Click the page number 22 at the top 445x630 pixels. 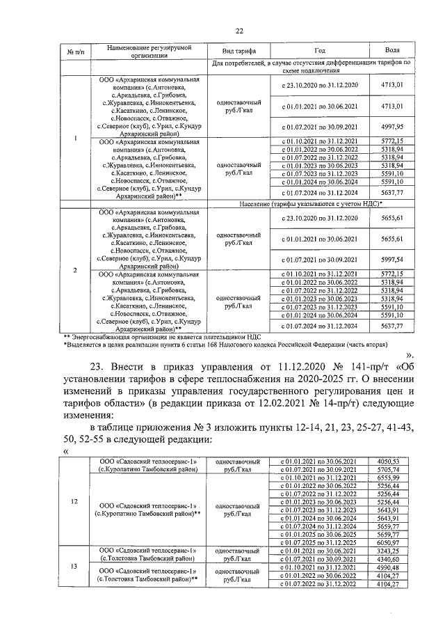click(x=239, y=31)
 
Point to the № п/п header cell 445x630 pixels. click(x=75, y=52)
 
